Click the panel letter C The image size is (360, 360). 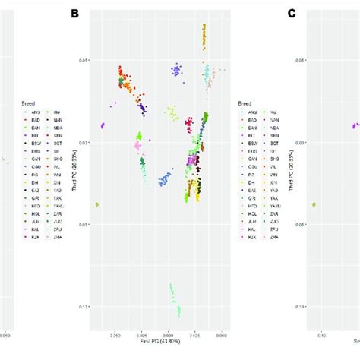292,13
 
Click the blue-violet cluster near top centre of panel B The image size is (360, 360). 176,71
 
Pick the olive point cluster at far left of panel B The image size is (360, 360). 96,204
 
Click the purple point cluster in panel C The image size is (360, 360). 354,126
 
